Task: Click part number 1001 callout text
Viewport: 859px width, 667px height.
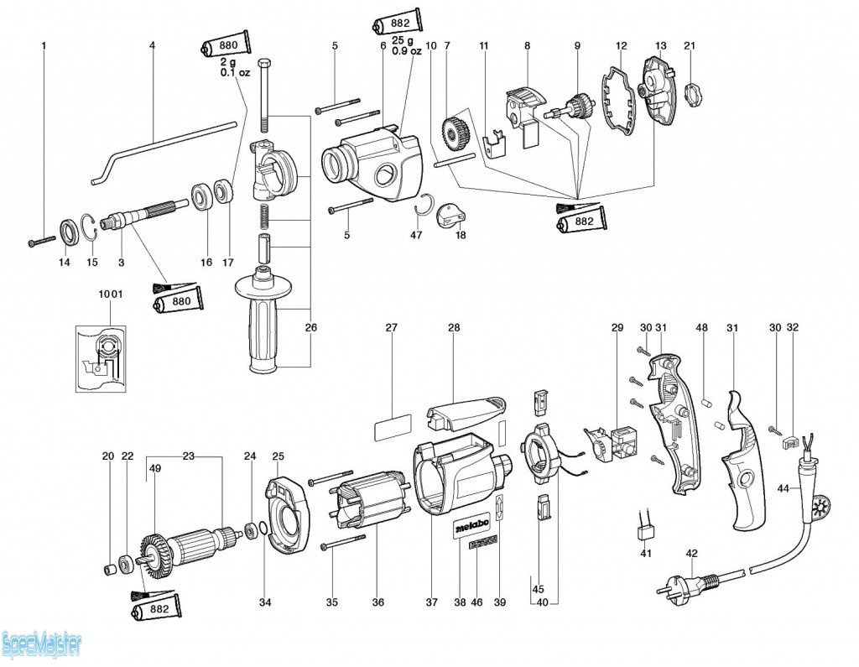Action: (109, 295)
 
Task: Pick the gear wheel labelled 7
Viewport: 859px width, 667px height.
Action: (454, 133)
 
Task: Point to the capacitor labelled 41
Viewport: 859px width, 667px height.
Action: (646, 530)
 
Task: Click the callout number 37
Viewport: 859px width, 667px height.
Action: (431, 602)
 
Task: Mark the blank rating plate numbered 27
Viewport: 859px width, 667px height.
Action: (391, 427)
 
